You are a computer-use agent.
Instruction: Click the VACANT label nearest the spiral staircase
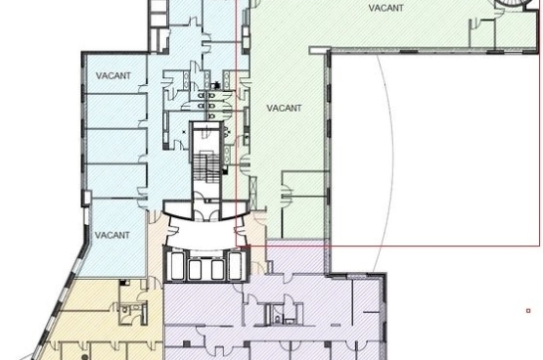385,8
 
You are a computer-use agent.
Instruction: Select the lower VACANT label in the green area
284,108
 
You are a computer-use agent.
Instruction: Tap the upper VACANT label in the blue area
113,75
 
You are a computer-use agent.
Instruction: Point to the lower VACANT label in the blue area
113,235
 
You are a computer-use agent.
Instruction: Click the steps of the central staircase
206,167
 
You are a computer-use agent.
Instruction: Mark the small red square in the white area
528,311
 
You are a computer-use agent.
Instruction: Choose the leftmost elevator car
177,265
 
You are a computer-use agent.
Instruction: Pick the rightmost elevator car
236,265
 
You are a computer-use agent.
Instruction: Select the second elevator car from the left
195,270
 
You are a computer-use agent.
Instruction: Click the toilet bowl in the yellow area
125,309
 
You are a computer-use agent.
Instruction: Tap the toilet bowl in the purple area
277,318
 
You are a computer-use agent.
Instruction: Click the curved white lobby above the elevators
206,233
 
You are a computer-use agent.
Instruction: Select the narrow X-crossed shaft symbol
253,193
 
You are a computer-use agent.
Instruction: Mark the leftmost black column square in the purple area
186,343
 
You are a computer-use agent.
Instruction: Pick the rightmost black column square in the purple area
327,344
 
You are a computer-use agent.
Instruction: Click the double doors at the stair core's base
206,215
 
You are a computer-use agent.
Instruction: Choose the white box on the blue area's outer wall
86,198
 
